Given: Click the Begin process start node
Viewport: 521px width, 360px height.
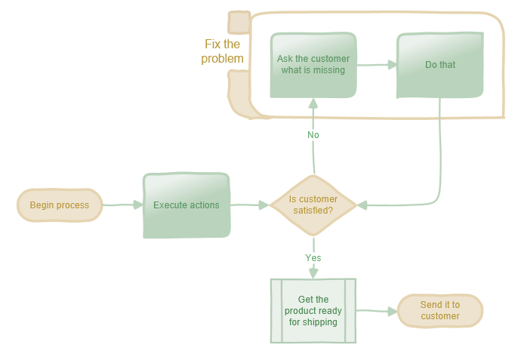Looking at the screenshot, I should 60,205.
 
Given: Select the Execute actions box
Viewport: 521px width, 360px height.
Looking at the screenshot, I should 186,205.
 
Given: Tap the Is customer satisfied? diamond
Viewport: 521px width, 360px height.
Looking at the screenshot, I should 313,205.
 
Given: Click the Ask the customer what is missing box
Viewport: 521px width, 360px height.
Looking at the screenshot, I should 313,65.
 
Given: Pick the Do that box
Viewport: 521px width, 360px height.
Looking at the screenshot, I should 439,65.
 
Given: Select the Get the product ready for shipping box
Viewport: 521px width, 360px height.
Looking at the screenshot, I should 313,311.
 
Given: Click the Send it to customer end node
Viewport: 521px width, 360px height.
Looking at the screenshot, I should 440,311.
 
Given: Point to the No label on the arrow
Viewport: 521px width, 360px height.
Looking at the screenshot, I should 313,135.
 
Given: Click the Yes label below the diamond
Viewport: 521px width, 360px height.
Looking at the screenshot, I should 313,258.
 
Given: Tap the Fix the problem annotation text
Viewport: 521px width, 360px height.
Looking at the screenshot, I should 223,51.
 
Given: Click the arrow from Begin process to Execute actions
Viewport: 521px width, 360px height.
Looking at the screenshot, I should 121,205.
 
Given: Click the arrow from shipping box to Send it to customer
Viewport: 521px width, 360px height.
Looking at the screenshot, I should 375,310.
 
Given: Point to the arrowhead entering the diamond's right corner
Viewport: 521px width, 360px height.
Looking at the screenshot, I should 363,205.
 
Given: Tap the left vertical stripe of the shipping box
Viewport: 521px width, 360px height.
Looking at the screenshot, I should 276,311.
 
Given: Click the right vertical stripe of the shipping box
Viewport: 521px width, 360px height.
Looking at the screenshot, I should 350,311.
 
